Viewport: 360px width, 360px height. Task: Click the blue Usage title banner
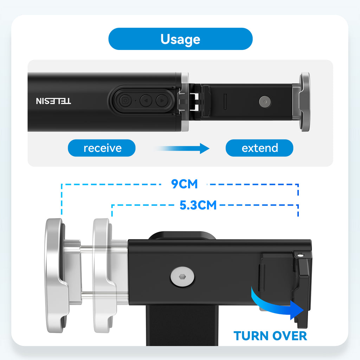click(180, 39)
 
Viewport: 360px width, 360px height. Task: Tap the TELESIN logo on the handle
click(53, 101)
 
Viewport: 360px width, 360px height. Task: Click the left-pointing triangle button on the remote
click(146, 101)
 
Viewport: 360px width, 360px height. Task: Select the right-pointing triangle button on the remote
click(162, 101)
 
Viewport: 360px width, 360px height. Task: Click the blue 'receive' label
click(102, 148)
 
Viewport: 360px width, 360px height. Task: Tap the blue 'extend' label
click(259, 148)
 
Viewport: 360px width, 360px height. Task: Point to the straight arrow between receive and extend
click(182, 148)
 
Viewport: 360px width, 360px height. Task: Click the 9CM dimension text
click(184, 184)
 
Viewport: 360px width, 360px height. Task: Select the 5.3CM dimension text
click(198, 205)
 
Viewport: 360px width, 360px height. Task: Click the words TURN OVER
click(270, 336)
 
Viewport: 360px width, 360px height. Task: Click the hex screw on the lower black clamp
click(182, 277)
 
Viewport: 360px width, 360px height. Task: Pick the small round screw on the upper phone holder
click(265, 102)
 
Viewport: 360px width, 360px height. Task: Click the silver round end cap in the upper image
click(305, 102)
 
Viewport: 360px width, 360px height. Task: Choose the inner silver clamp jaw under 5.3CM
click(104, 276)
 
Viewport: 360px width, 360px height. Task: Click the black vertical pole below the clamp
click(182, 326)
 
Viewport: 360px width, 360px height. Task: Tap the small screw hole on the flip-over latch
click(300, 255)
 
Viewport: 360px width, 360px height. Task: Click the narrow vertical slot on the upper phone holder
click(225, 102)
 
